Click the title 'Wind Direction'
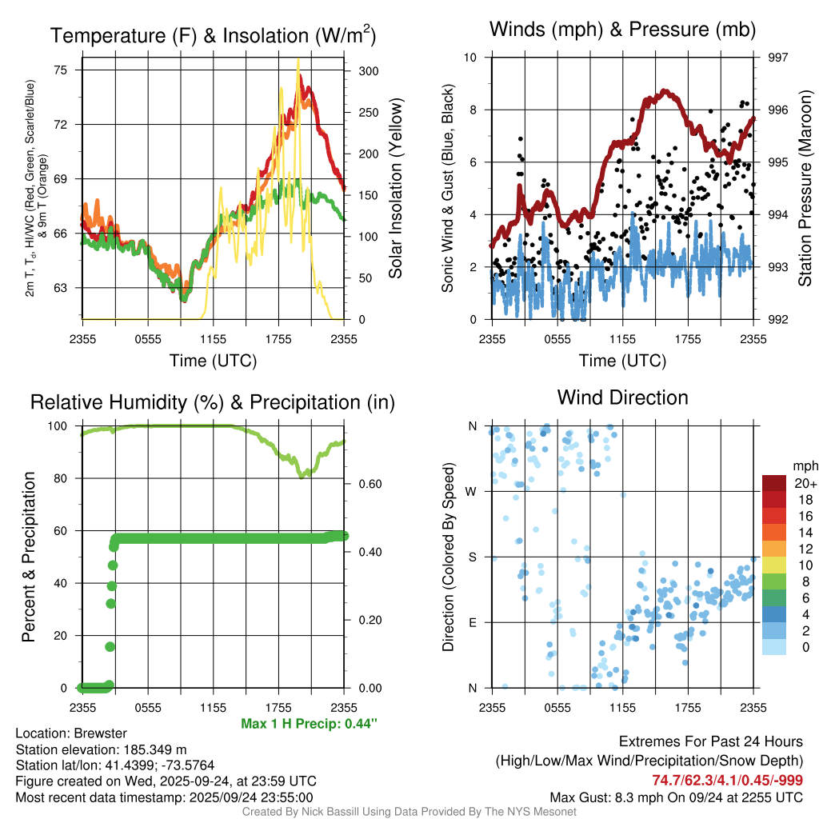(622, 398)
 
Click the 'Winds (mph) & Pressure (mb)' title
(622, 30)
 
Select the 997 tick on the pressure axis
(778, 58)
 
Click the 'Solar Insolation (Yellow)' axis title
(395, 189)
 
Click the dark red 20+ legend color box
(775, 483)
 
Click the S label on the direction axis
(472, 557)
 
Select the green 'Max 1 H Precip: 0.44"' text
(309, 724)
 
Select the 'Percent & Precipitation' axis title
(29, 557)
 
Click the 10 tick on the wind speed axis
(471, 58)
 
